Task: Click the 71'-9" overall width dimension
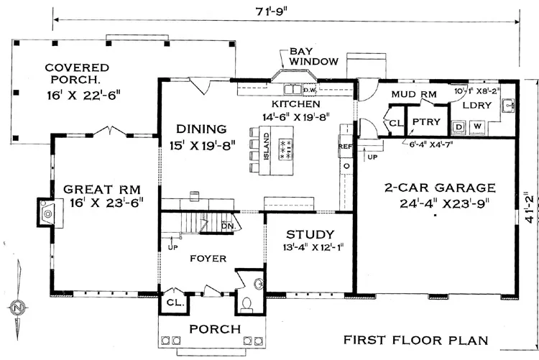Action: coord(271,11)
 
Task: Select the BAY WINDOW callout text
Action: coord(314,56)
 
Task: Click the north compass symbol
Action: coord(17,307)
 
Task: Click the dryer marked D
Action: coord(459,127)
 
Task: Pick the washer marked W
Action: coord(477,126)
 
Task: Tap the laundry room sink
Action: coord(507,106)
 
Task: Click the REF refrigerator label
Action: coord(345,147)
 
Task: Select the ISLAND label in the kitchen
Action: coord(266,147)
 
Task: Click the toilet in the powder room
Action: coord(246,304)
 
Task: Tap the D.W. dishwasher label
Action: coord(308,90)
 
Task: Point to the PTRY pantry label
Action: coord(426,121)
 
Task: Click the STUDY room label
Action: coord(310,234)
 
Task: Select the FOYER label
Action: coord(208,258)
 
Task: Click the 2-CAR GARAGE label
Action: coord(440,188)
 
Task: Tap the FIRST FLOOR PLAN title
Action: coord(416,340)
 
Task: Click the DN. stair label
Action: coord(229,226)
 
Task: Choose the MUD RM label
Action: coord(414,94)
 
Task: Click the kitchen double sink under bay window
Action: coord(292,89)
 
